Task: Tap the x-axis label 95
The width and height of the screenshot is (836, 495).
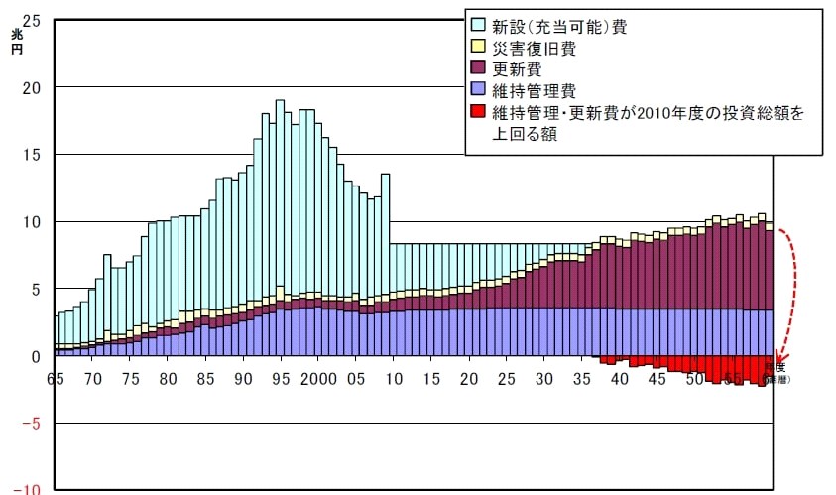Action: click(x=280, y=380)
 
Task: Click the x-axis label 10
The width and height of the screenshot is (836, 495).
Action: click(x=393, y=380)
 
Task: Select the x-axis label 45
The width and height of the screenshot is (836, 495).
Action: click(x=657, y=380)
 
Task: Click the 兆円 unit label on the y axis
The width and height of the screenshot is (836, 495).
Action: click(x=17, y=42)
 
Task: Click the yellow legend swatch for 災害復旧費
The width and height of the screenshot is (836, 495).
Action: click(x=478, y=48)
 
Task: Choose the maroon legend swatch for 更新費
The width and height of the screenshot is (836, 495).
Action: click(x=478, y=68)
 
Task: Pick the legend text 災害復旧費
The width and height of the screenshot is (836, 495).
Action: click(x=535, y=48)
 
